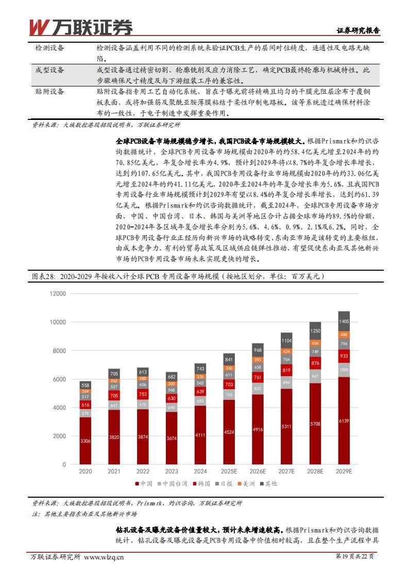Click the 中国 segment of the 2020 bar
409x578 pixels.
86,441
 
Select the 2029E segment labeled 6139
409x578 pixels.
344,421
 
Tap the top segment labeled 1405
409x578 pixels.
344,321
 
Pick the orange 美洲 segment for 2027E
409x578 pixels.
286,351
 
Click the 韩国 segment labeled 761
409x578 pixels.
258,377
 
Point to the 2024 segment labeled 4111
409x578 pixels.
200,435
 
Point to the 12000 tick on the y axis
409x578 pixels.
58,293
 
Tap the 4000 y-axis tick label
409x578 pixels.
60,408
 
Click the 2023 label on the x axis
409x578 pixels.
172,471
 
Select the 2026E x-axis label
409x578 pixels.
258,471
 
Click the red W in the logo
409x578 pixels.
39,27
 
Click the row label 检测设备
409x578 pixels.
49,48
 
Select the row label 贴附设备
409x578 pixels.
49,92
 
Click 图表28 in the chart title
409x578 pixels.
43,276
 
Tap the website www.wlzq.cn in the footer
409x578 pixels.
104,556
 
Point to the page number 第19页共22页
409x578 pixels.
355,556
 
